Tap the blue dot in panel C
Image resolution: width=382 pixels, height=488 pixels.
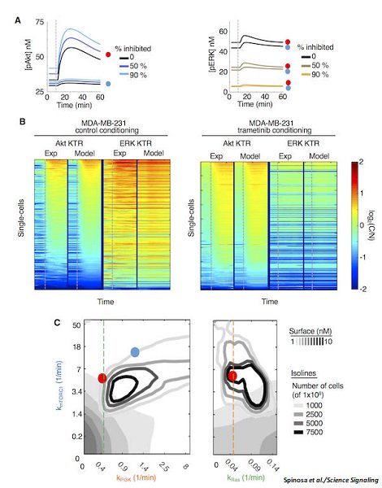(135, 351)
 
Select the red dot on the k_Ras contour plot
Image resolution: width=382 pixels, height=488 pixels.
(232, 376)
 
